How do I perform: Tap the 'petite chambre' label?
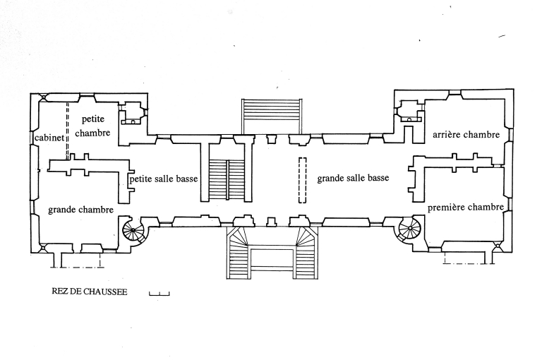(92, 126)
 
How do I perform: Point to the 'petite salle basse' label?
(164, 179)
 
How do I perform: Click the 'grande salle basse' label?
(353, 179)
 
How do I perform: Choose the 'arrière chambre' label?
(466, 134)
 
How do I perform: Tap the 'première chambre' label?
(465, 207)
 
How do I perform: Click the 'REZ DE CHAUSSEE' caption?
(90, 291)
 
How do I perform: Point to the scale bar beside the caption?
(159, 293)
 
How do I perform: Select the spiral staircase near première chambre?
(408, 228)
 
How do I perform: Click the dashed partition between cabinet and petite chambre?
(68, 131)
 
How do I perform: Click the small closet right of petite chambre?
(132, 114)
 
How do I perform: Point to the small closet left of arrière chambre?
(407, 112)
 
